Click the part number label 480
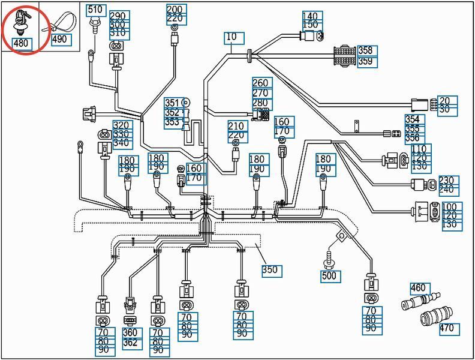(x=21, y=43)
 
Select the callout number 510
(x=95, y=10)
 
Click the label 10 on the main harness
(x=232, y=37)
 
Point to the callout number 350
(x=270, y=269)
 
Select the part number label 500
(x=329, y=276)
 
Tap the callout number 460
(x=419, y=287)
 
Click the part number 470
(x=447, y=328)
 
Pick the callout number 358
(x=365, y=50)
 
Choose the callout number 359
(x=365, y=61)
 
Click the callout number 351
(x=172, y=103)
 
